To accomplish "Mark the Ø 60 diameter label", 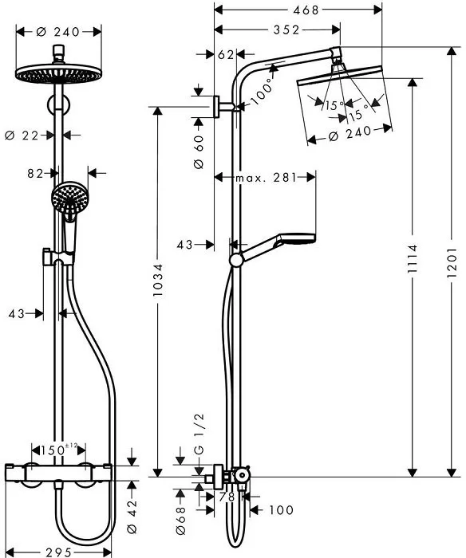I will pos(199,146).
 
